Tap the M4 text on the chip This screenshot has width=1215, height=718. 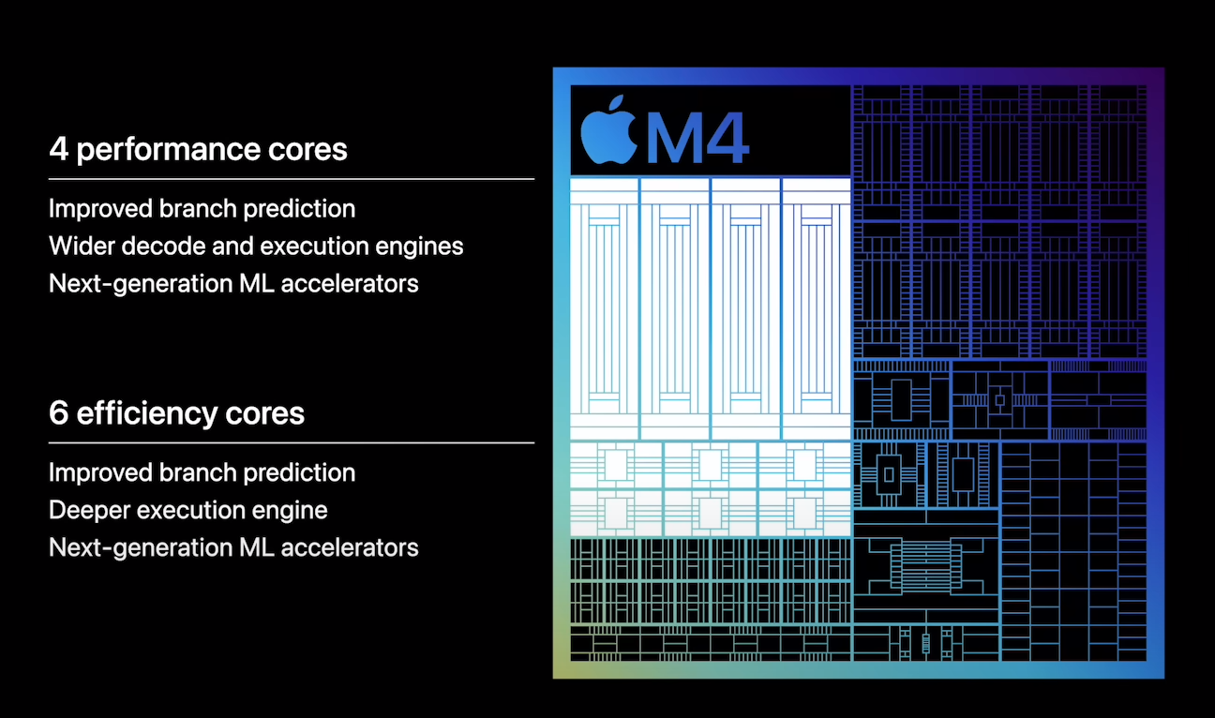click(698, 138)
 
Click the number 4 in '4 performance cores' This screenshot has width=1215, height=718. click(58, 149)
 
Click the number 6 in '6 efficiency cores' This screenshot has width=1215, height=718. click(58, 413)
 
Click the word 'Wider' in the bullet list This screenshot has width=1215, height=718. click(81, 246)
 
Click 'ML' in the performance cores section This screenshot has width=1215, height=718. click(257, 284)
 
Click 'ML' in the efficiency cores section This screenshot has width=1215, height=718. click(257, 547)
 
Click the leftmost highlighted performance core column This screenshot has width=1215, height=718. click(605, 308)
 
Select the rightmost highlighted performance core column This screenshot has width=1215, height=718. click(817, 308)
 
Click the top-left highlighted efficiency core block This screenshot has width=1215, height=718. click(616, 465)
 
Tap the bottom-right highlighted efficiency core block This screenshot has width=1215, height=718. click(805, 513)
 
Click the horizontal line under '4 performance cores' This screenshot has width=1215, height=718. click(292, 178)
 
